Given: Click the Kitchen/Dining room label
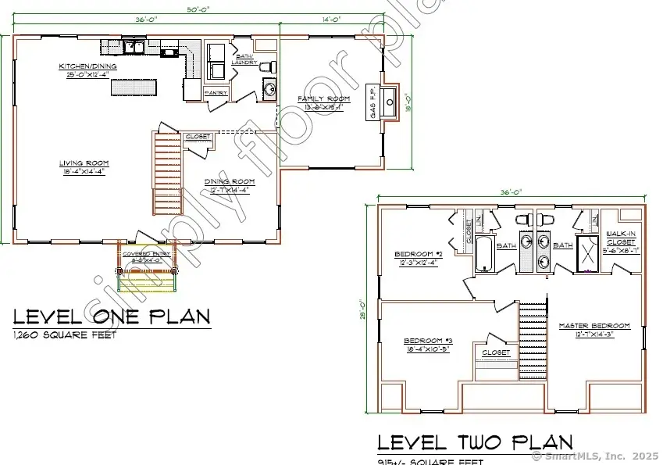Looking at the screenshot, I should (x=88, y=66).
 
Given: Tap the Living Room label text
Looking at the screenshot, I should (x=84, y=163).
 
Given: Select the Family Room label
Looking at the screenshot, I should (x=323, y=99).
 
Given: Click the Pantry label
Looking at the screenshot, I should (x=216, y=92).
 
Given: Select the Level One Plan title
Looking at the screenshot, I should (x=112, y=317).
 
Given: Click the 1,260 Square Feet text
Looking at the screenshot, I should (x=65, y=335).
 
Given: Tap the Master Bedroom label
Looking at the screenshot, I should (x=593, y=326).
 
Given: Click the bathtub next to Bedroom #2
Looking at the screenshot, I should (x=484, y=256).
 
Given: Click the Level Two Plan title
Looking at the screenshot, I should (x=475, y=442).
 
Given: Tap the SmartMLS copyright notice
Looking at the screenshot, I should (x=594, y=456).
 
